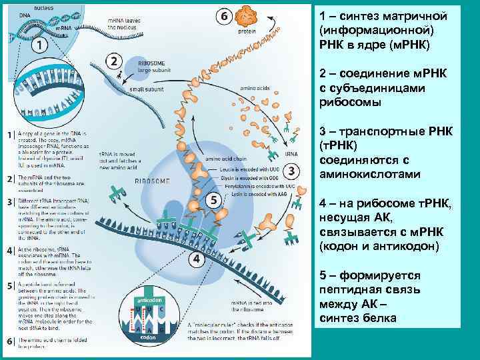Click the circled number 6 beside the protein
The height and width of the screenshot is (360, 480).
pos(224,15)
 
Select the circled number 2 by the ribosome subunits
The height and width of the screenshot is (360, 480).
pos(114,61)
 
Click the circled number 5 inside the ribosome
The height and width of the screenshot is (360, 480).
pos(213,199)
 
